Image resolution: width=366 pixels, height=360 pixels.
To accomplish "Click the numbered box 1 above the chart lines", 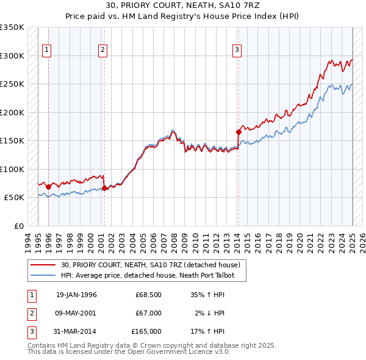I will (x=47, y=50).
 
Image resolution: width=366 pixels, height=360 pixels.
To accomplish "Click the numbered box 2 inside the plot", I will (x=102, y=50).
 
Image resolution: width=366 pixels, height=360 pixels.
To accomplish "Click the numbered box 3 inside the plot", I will (x=237, y=50).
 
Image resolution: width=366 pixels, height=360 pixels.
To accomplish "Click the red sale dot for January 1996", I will (x=49, y=187).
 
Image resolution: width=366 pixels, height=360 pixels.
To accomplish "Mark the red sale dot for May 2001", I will (x=105, y=188).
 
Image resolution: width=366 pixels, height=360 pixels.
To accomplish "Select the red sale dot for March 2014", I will (x=239, y=132).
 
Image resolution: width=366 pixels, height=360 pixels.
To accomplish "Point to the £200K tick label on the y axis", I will (x=12, y=112).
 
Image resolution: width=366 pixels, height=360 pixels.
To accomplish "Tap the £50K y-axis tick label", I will (x=14, y=198).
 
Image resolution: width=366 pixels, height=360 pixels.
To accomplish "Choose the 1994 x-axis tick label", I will (x=28, y=240).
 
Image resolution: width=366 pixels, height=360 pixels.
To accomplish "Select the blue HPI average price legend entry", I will (x=152, y=275).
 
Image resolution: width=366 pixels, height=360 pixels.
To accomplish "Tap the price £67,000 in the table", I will (x=148, y=313).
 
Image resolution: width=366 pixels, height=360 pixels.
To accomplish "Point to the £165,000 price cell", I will (x=146, y=331).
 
